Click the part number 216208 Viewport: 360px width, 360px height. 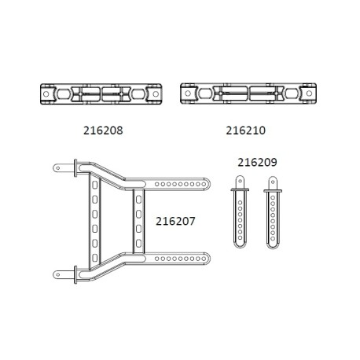tap(101, 125)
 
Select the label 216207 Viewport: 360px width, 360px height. tap(177, 222)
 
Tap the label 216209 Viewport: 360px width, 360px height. tap(256, 162)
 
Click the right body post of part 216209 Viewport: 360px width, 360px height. tap(271, 217)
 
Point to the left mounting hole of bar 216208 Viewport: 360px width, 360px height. tap(45, 94)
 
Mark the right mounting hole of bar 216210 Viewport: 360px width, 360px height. tap(301, 94)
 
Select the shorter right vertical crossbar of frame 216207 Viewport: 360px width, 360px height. tap(138, 220)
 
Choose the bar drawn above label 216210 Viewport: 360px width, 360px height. tap(244, 94)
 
